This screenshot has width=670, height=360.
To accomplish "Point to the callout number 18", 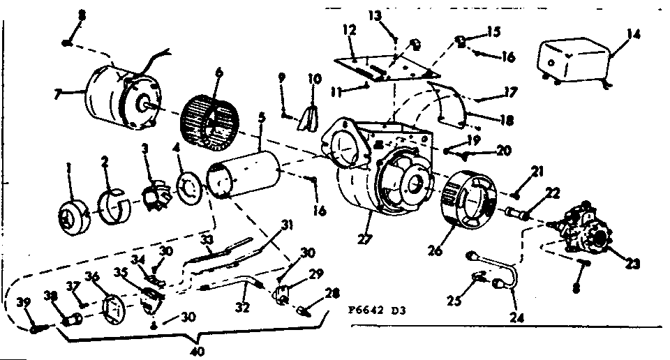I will [x=508, y=120].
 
